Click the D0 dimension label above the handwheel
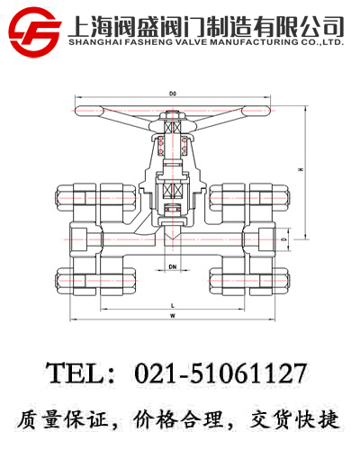173,93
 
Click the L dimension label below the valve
172,305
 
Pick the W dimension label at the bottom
172,317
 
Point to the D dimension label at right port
284,240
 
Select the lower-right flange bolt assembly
253,280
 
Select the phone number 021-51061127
220,373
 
